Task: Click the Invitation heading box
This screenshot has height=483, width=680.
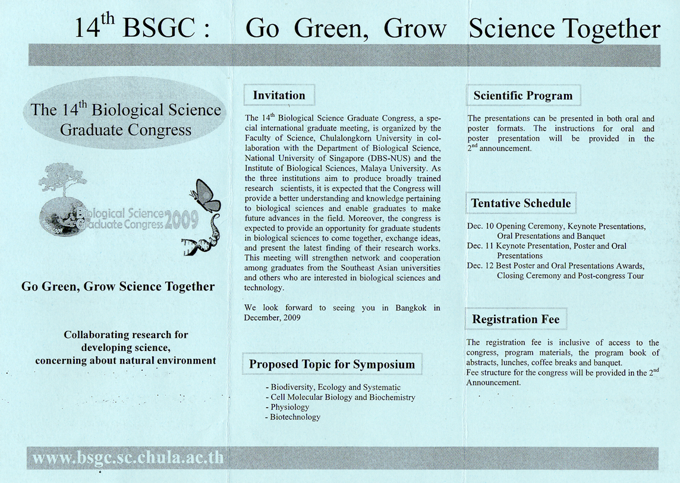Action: [279, 96]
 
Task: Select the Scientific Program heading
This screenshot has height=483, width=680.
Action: [523, 96]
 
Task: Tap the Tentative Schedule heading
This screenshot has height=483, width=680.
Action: [521, 203]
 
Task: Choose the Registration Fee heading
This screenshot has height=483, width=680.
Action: [515, 320]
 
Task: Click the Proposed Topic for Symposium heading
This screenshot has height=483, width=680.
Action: [332, 364]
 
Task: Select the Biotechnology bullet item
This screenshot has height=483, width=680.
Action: [295, 417]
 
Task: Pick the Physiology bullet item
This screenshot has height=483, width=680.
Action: [289, 407]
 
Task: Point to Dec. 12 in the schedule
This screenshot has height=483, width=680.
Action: [480, 266]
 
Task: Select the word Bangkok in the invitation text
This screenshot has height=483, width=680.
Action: [414, 308]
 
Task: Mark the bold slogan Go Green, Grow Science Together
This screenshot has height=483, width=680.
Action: [118, 287]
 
